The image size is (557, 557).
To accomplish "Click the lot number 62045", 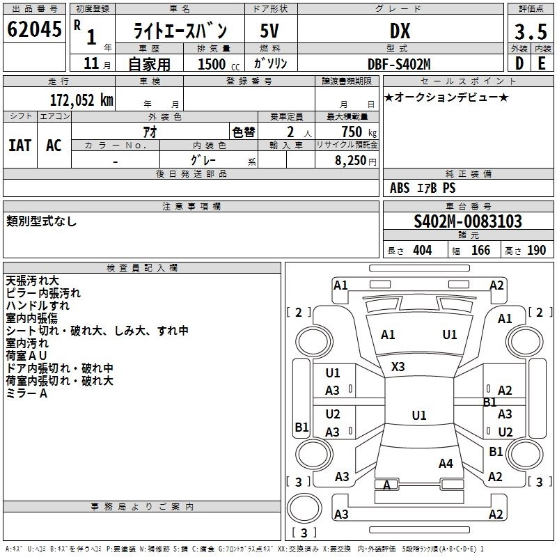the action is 34,29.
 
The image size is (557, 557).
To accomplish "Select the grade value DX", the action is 400,31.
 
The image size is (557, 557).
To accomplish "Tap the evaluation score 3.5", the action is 531,31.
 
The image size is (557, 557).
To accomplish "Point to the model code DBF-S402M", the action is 399,64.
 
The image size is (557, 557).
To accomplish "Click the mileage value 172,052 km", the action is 81,100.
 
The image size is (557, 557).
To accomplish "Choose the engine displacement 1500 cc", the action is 219,64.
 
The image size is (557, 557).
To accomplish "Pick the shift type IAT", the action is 20,146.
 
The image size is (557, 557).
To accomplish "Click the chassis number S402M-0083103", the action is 468,221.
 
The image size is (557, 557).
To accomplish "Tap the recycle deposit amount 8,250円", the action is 356,161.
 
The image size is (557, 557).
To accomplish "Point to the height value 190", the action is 536,250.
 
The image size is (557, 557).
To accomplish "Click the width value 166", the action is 480,250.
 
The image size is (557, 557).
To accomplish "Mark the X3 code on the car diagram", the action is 398,367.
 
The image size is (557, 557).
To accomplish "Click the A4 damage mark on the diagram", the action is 446,463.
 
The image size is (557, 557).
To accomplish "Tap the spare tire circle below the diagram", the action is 304,508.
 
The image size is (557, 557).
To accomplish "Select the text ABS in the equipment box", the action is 400,188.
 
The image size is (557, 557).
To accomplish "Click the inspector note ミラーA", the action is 26,393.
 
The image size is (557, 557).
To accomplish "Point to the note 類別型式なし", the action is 41,221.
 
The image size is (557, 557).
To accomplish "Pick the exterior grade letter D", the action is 519,63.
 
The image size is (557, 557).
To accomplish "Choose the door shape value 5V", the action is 269,31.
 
